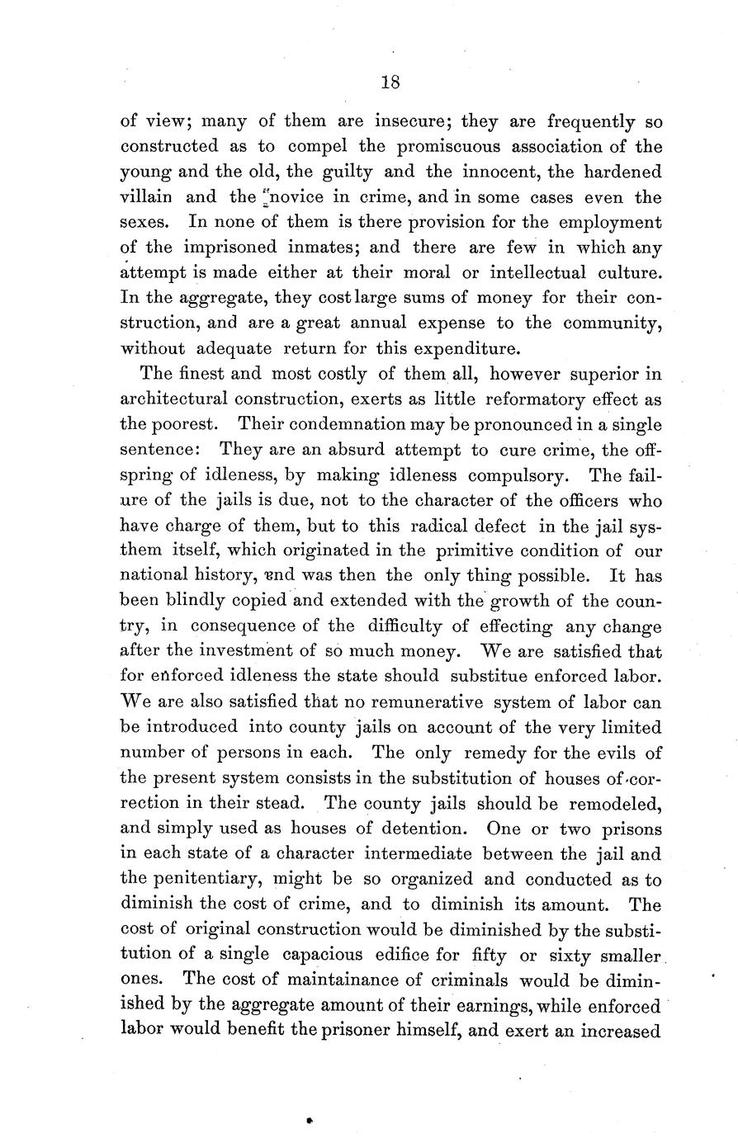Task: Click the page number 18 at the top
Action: pos(390,82)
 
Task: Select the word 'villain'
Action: pos(147,198)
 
